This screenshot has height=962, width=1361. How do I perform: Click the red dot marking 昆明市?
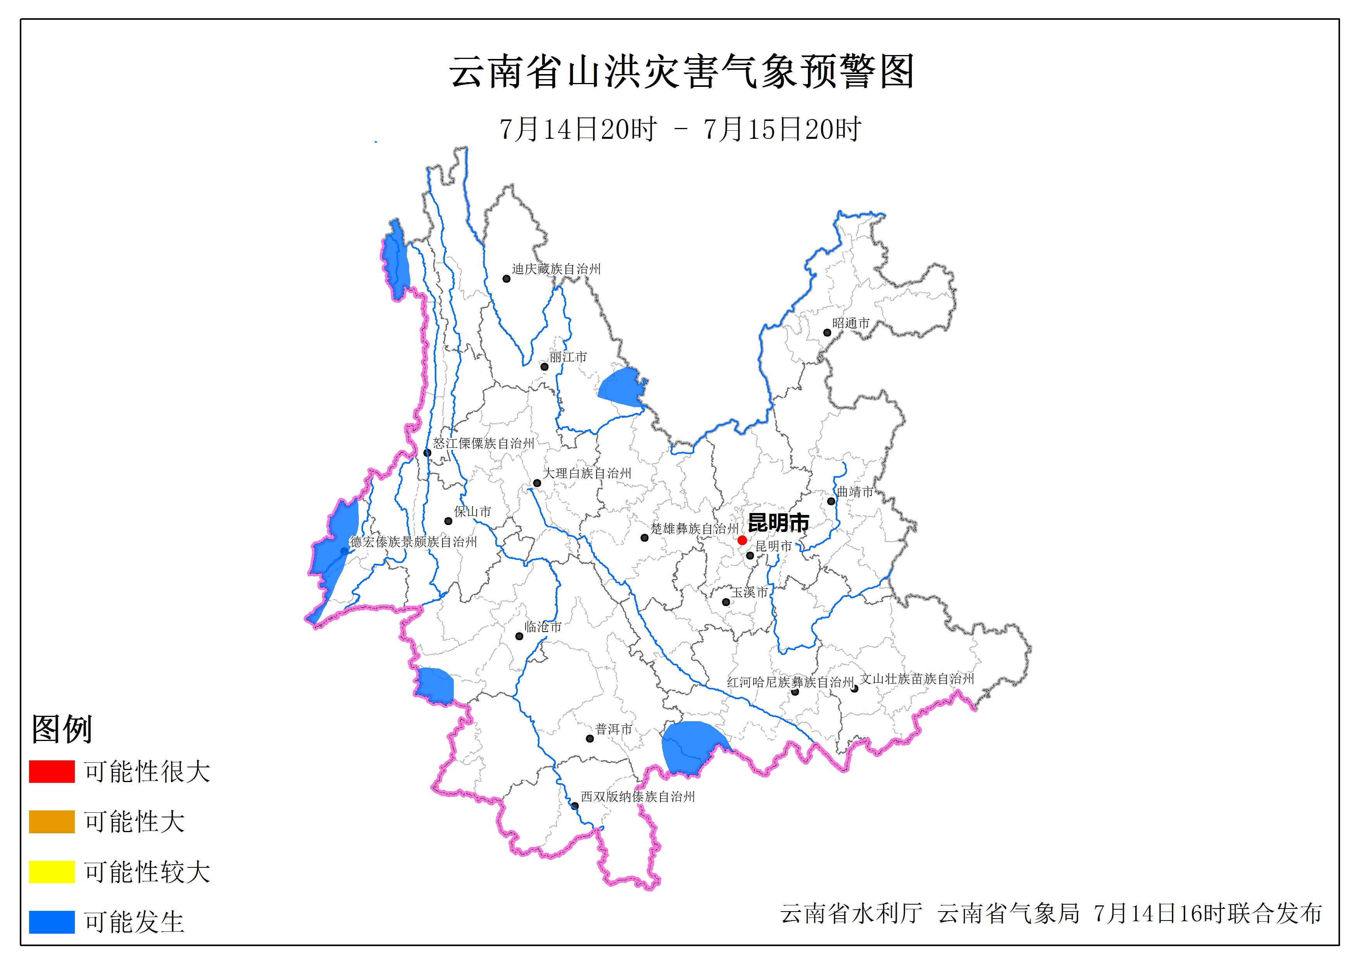click(742, 540)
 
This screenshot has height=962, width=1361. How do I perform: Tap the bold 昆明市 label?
click(778, 523)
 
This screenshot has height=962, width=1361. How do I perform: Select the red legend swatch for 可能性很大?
click(52, 772)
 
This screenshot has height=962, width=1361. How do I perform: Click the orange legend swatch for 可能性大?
click(52, 822)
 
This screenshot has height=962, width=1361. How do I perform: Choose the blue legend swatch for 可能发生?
click(52, 922)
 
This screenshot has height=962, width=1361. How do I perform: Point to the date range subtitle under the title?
click(680, 129)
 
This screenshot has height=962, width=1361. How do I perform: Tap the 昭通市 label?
click(851, 323)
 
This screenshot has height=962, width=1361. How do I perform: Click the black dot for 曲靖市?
click(831, 501)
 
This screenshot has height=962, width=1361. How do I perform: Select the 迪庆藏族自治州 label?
click(556, 269)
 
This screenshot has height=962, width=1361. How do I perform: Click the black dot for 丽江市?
click(544, 366)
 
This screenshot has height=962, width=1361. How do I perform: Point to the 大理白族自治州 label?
click(587, 473)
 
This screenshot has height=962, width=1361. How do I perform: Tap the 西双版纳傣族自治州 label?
click(637, 797)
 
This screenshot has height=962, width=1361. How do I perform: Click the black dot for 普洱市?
click(590, 739)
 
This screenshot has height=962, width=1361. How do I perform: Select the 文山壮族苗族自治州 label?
click(917, 679)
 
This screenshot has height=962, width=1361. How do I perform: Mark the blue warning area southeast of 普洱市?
click(690, 747)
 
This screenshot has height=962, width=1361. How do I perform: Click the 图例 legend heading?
click(62, 729)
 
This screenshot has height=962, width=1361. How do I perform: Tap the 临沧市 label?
click(542, 627)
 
